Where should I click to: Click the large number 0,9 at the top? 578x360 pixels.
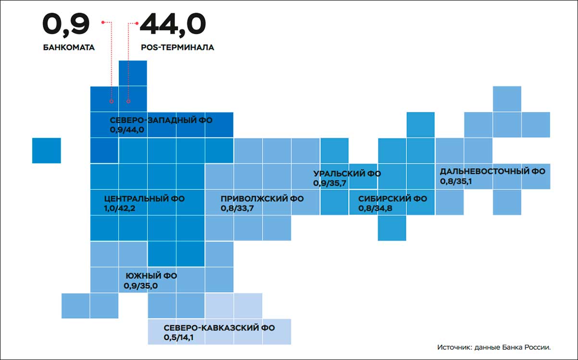(66, 25)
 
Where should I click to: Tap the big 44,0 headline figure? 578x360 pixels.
(173, 25)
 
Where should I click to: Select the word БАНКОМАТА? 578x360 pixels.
(69, 48)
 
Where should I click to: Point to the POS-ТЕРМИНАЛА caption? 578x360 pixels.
(177, 48)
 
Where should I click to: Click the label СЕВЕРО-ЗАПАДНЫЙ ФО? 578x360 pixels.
(161, 120)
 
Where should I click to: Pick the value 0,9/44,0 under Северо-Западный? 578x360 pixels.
(127, 130)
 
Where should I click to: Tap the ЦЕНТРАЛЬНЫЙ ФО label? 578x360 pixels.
(144, 199)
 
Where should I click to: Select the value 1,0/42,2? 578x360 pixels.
(119, 208)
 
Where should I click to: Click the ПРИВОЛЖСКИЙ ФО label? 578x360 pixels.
(262, 199)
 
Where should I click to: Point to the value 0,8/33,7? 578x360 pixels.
(237, 208)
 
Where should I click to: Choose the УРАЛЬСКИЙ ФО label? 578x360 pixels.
(347, 174)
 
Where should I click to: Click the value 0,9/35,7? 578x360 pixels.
(330, 183)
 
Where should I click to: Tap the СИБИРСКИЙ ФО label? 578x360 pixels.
(392, 199)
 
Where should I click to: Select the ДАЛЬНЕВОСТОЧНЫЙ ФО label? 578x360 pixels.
(492, 171)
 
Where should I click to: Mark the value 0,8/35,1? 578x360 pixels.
(456, 181)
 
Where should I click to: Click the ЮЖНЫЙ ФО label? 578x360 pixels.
(151, 276)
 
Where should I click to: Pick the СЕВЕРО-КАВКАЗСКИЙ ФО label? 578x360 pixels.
(219, 328)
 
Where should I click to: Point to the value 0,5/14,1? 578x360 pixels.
(178, 337)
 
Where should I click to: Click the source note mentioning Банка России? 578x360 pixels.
(494, 348)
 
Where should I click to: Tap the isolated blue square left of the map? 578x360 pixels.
(47, 150)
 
